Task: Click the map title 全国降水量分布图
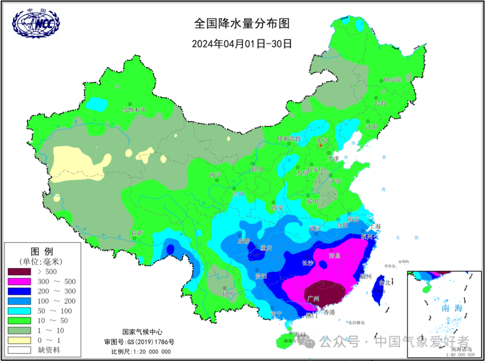coord(242,24)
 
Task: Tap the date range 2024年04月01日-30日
coord(242,44)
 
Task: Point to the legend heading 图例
coord(42,251)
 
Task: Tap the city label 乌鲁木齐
coord(134,110)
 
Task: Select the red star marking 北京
coord(320,145)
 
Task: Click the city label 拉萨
coord(136,233)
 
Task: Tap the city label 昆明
coord(228,293)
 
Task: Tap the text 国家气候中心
coord(143,332)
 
